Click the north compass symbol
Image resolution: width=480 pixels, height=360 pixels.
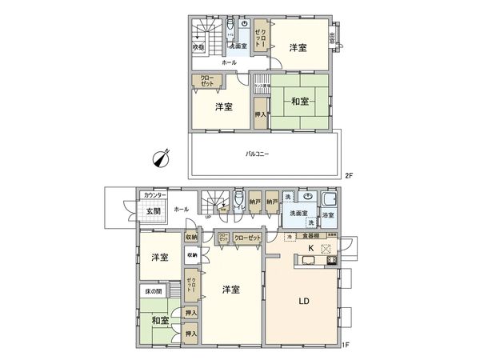[162, 157]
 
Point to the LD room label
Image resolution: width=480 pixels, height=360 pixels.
[304, 302]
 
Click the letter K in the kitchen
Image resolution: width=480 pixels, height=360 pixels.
[308, 250]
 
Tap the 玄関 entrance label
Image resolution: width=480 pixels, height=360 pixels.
[153, 211]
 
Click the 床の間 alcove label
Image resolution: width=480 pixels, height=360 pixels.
[154, 292]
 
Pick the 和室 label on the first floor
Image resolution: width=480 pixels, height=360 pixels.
[158, 321]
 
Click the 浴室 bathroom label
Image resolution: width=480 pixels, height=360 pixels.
[328, 215]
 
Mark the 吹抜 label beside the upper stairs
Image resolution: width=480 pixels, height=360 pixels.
[198, 47]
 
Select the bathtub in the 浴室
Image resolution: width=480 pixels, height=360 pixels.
[329, 201]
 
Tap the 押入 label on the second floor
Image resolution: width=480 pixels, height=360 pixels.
[261, 114]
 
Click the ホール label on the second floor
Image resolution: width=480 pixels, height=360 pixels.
[229, 62]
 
